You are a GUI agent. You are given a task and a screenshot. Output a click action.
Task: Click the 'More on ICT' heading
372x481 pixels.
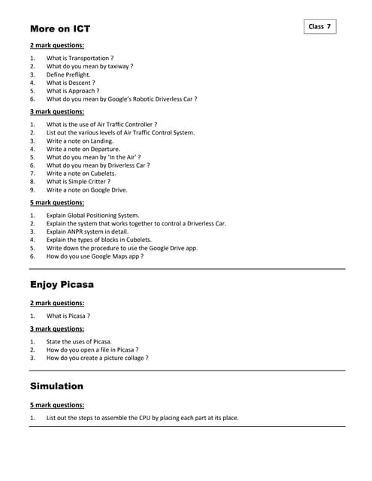(x=60, y=29)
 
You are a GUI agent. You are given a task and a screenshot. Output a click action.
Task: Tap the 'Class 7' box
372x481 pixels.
(x=319, y=26)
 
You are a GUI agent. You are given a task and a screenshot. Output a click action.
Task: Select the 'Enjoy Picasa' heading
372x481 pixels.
(x=62, y=285)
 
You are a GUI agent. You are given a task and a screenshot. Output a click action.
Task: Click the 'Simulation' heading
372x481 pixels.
(x=56, y=386)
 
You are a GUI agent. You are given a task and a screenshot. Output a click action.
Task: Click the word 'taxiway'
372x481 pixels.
(x=116, y=66)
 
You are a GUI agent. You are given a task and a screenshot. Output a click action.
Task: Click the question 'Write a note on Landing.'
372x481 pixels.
(x=80, y=141)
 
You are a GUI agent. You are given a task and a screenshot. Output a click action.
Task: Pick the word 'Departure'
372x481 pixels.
(x=97, y=149)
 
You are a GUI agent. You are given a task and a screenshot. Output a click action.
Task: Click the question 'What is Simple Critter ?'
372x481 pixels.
(x=78, y=181)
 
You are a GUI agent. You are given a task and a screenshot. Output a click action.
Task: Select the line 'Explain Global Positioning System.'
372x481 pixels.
(x=92, y=215)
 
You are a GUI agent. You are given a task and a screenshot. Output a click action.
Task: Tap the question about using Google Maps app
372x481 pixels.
(x=95, y=256)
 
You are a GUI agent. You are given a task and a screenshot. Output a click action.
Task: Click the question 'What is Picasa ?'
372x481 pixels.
(x=68, y=316)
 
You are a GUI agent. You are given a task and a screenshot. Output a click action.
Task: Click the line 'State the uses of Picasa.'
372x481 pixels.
(x=79, y=341)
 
